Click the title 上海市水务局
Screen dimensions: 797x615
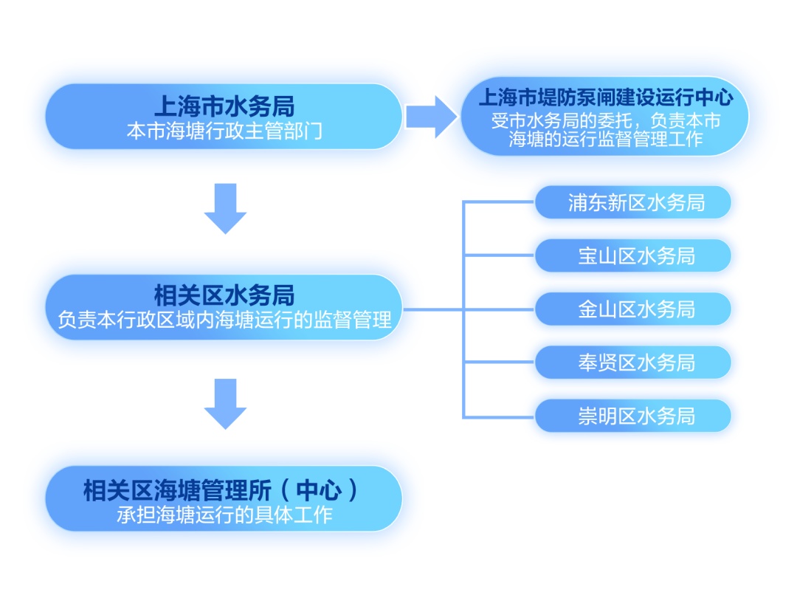tap(224, 106)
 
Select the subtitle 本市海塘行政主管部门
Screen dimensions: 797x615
tap(224, 131)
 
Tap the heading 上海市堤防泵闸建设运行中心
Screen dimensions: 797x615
tap(605, 97)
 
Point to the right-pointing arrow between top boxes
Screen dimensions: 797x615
tap(431, 117)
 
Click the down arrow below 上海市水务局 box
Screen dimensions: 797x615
tap(225, 208)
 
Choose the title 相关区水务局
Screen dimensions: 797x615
tap(224, 295)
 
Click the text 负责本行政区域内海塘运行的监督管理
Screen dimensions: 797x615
tap(224, 320)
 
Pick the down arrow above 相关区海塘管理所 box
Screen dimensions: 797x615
tap(225, 404)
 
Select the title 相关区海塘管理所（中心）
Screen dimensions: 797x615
tap(221, 490)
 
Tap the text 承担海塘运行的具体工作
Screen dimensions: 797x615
tap(224, 515)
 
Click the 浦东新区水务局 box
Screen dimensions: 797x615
tap(633, 202)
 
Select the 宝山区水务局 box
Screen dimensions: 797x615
tap(633, 255)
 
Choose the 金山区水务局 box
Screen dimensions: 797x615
tap(633, 309)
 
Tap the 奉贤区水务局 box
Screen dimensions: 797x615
tap(633, 363)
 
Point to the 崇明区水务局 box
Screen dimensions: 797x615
tap(633, 416)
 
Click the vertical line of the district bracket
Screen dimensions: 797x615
tap(464, 309)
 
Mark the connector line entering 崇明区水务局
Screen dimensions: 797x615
tap(499, 417)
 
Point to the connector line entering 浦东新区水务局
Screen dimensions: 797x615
tap(499, 202)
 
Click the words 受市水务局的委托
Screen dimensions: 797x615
tap(562, 120)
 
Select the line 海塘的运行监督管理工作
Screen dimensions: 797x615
tap(605, 138)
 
